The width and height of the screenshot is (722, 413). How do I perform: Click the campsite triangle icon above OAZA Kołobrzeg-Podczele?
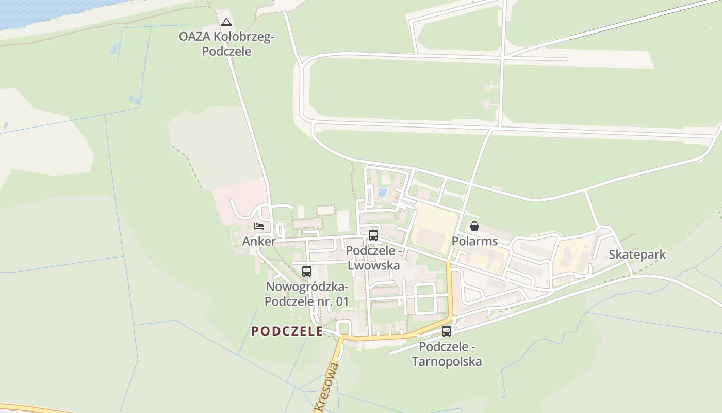click(x=226, y=22)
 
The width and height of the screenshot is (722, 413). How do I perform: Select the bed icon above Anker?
click(x=259, y=226)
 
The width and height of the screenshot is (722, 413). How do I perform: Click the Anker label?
click(x=259, y=241)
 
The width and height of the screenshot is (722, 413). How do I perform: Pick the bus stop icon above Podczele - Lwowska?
click(x=373, y=235)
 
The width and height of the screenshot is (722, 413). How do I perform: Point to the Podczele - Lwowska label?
click(x=373, y=258)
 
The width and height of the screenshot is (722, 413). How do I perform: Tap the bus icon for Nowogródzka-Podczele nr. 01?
click(x=307, y=271)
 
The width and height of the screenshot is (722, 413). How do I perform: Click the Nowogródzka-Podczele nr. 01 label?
click(x=307, y=294)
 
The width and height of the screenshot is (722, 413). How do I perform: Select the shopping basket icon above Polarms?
click(x=474, y=226)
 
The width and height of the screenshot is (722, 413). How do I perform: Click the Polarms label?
click(x=474, y=241)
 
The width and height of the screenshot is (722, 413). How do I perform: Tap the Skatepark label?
click(x=637, y=255)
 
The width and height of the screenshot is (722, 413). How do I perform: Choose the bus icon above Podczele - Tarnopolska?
click(x=447, y=331)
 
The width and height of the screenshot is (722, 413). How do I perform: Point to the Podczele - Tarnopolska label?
click(x=447, y=354)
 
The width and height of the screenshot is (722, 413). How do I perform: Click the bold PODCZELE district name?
click(x=287, y=331)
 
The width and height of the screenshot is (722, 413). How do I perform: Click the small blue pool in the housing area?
click(x=382, y=193)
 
